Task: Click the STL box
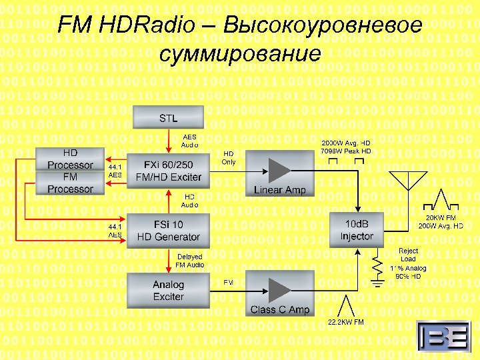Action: (x=168, y=119)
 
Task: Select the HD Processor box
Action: (x=70, y=159)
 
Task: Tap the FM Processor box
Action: (x=70, y=183)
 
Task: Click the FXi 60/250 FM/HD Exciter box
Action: (x=168, y=171)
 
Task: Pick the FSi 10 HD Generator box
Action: (x=168, y=231)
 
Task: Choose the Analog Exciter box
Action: (x=168, y=291)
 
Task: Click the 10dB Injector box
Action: (x=357, y=230)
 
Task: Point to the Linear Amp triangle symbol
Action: (x=279, y=167)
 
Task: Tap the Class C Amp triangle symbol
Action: (x=279, y=289)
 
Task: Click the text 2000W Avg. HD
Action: (x=346, y=143)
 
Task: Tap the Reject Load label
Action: (x=408, y=255)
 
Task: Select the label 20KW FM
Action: (x=441, y=217)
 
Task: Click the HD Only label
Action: (x=229, y=157)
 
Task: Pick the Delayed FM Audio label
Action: (x=189, y=261)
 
